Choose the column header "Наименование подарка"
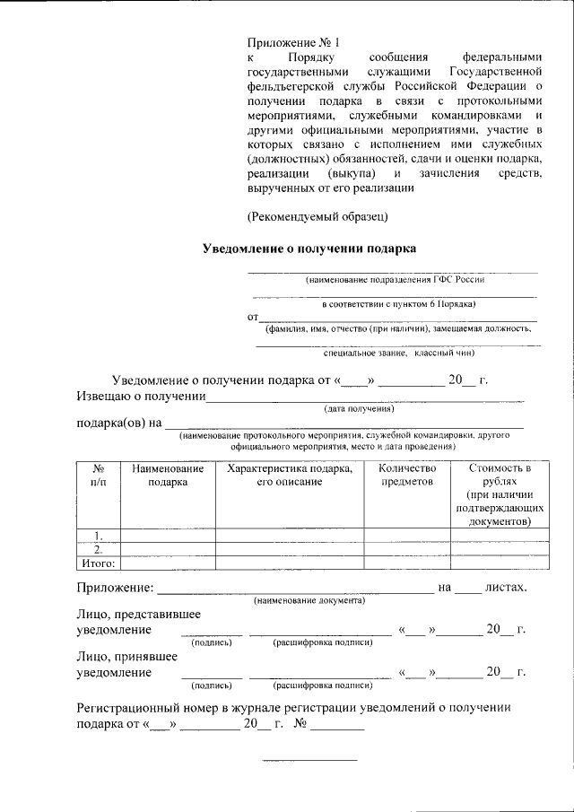168,476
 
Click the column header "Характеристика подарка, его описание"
289,476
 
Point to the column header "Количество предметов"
407,476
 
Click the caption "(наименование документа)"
309,599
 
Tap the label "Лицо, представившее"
137,615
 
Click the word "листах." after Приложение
505,588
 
